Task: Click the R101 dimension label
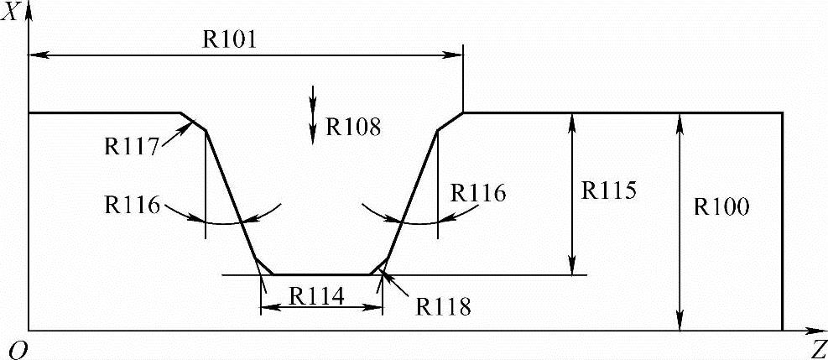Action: point(228,40)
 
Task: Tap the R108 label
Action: point(353,128)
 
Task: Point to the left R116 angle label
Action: point(133,204)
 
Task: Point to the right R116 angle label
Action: point(478,193)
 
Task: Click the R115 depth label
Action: point(608,190)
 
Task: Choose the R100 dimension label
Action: point(721,206)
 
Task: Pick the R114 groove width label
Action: point(318,296)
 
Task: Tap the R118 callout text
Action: point(443,305)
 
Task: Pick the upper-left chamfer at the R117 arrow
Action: point(194,121)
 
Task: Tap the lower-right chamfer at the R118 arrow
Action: point(378,266)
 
